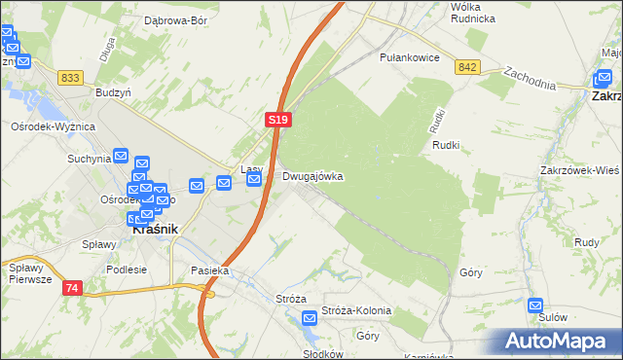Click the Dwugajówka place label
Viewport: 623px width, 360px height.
(312, 177)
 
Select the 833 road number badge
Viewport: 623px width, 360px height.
(70, 77)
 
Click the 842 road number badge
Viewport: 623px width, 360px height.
(467, 66)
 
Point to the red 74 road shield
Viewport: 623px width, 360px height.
(72, 289)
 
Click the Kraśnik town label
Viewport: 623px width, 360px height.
(153, 220)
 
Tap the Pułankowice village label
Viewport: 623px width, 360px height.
(412, 57)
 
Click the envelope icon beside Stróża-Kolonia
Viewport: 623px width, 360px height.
(310, 317)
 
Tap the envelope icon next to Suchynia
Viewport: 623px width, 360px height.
(121, 156)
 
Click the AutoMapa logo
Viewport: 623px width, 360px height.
(559, 341)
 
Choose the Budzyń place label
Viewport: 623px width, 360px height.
(113, 90)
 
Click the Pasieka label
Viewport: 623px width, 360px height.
(209, 271)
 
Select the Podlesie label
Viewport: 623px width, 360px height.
(127, 270)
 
